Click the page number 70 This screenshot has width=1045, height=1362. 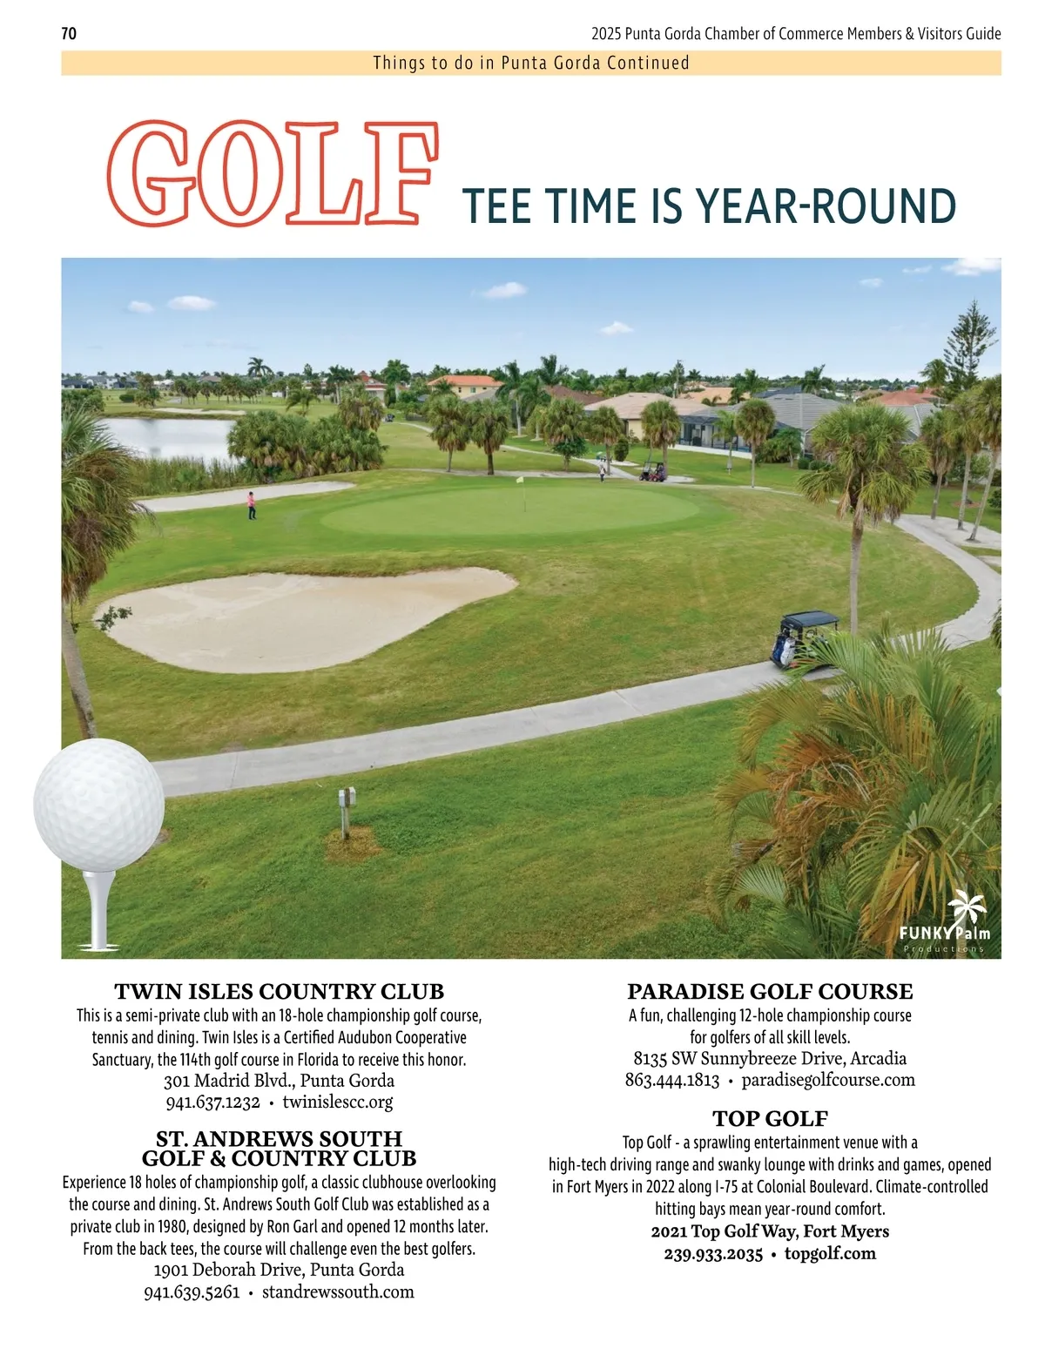(69, 34)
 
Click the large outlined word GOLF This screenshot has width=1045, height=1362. (272, 173)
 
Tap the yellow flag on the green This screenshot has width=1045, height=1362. (521, 479)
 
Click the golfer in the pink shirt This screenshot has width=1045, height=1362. (252, 504)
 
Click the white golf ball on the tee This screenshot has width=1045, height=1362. (99, 803)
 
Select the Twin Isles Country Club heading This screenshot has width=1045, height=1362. (280, 992)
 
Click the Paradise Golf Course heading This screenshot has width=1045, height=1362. (770, 992)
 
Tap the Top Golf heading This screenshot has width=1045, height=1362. (770, 1119)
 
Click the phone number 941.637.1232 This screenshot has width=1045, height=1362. (213, 1102)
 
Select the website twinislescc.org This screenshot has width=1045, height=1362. (338, 1102)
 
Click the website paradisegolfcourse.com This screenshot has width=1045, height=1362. (828, 1081)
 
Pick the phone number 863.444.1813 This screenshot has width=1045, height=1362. (672, 1081)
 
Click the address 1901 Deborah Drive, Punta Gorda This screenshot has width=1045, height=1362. (279, 1270)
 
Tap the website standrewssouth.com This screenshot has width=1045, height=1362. (338, 1292)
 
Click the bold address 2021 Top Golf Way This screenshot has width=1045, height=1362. (770, 1231)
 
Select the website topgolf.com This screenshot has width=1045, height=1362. (830, 1254)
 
